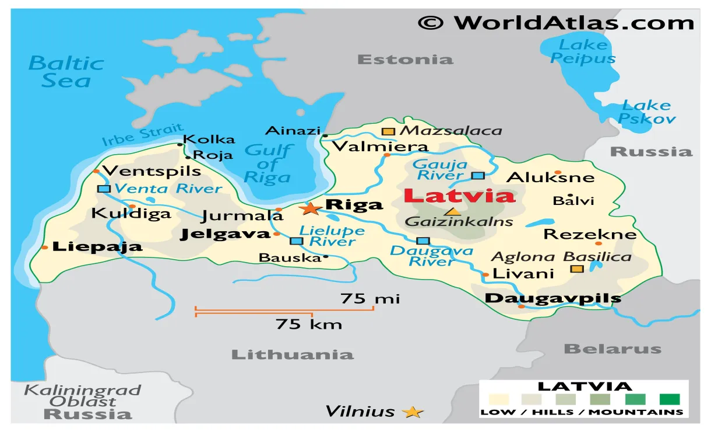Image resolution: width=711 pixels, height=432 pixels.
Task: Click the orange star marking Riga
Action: [x=309, y=208]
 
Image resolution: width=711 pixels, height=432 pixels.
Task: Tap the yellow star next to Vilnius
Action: [x=413, y=412]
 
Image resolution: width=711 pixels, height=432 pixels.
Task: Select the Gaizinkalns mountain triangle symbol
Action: [x=452, y=211]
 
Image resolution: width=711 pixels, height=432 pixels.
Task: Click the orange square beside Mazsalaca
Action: [x=388, y=131]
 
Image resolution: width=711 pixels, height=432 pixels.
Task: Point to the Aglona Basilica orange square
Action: [x=576, y=269]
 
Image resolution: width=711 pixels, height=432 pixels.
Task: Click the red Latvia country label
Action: [x=459, y=196]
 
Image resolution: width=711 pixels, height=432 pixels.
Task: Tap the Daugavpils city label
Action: [x=552, y=298]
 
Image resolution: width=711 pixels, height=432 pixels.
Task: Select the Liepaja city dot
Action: [x=45, y=248]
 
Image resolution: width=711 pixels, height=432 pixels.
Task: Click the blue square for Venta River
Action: [x=104, y=189]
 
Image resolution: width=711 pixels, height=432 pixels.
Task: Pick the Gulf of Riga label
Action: [x=268, y=163]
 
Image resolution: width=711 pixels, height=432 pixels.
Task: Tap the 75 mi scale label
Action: [x=370, y=299]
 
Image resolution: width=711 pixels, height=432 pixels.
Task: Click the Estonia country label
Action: [x=404, y=59]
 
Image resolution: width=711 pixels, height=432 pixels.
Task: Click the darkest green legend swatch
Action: [x=670, y=399]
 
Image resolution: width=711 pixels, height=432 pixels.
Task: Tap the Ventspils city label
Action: [x=152, y=171]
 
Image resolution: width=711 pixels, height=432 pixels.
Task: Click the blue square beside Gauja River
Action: [x=478, y=175]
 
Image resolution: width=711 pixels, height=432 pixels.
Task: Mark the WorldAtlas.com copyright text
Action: [x=555, y=23]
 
